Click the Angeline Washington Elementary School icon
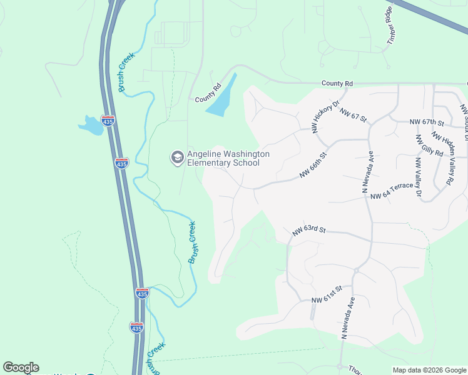coord(176,157)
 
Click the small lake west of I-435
coord(91,126)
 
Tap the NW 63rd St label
coord(309,231)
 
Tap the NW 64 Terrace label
coord(392,191)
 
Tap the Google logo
coord(21,367)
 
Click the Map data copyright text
coord(429,370)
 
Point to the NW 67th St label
coord(426,122)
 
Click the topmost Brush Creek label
coord(126,72)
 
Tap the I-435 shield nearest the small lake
coord(108,121)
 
